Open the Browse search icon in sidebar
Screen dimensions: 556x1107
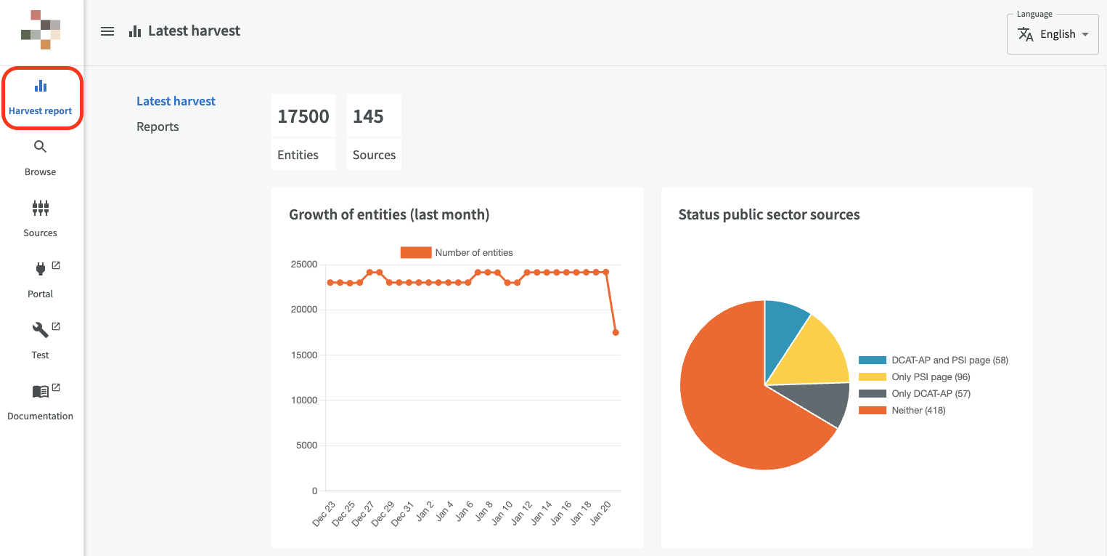click(x=41, y=147)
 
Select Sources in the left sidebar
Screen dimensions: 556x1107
click(x=41, y=219)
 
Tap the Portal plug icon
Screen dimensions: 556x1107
click(x=41, y=269)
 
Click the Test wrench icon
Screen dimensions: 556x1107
click(x=41, y=330)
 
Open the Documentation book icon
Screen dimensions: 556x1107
click(x=41, y=392)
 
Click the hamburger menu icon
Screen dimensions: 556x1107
click(x=107, y=31)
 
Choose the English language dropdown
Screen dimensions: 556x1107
click(x=1053, y=34)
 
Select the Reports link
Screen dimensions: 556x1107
click(x=158, y=126)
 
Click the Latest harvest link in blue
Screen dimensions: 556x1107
click(x=176, y=101)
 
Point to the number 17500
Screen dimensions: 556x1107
click(x=303, y=116)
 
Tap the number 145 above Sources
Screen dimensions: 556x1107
click(x=368, y=116)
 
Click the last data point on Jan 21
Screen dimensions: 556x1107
click(x=616, y=332)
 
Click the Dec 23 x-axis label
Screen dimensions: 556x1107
click(x=324, y=514)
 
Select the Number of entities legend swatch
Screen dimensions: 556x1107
click(x=416, y=253)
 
